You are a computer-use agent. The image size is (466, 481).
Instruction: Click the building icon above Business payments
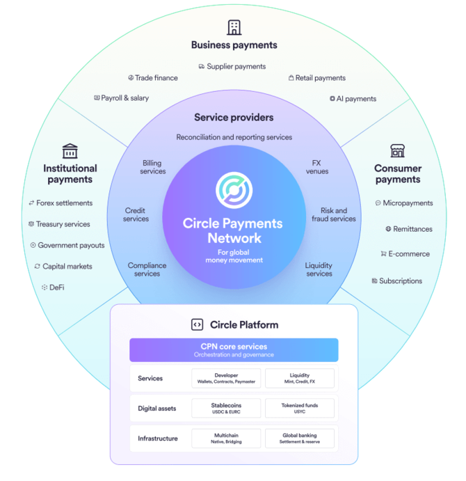(x=234, y=27)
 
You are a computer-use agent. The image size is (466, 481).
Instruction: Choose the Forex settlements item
(x=61, y=203)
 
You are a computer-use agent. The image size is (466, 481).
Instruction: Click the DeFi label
(x=53, y=287)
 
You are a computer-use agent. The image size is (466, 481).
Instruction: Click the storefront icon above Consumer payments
(x=397, y=150)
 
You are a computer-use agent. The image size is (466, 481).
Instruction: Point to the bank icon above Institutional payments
(x=70, y=150)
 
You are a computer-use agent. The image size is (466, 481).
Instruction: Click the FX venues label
(x=317, y=167)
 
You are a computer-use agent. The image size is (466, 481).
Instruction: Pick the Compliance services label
(x=147, y=269)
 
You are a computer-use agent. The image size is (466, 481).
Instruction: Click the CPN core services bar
(x=234, y=349)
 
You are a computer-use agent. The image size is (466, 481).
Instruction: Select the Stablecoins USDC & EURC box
(x=226, y=408)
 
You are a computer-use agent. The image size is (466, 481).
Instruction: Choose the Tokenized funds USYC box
(x=300, y=408)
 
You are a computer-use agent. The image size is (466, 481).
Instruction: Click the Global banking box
(x=300, y=439)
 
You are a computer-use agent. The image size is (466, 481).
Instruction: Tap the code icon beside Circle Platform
(x=197, y=324)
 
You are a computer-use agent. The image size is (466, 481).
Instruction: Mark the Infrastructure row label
(x=157, y=439)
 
